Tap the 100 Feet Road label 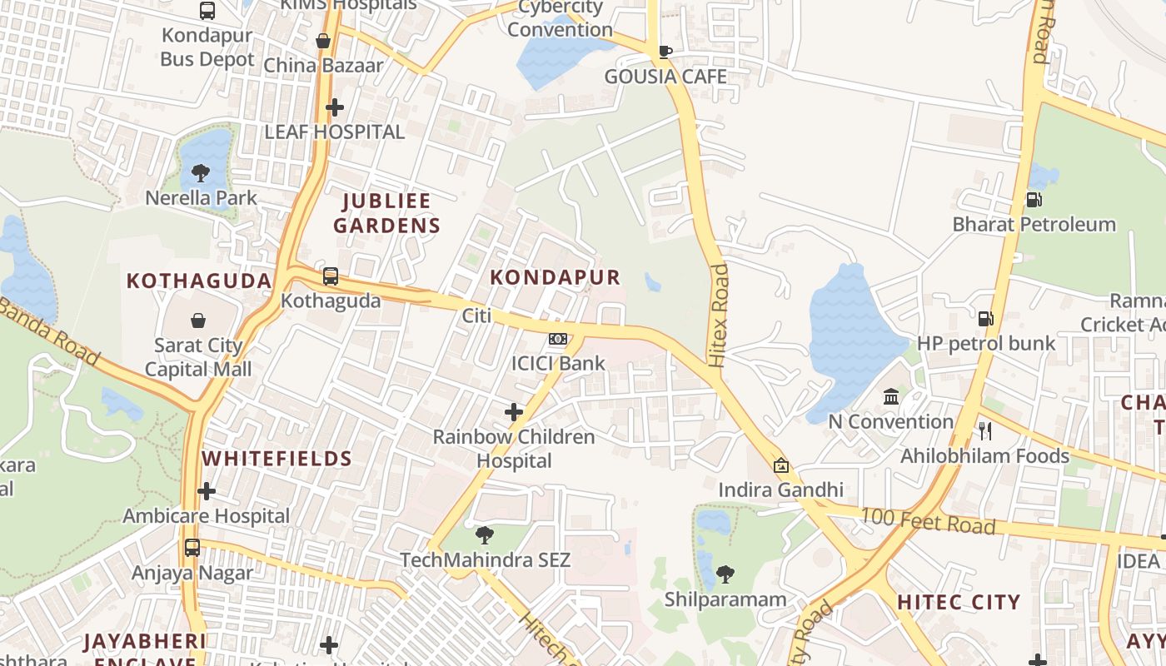click(x=927, y=521)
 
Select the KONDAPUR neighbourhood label click(x=556, y=277)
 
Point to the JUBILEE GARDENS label click(x=386, y=212)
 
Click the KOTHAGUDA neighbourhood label click(x=199, y=281)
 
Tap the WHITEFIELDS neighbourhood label click(x=277, y=459)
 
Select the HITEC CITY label click(x=959, y=602)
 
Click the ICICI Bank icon click(x=558, y=339)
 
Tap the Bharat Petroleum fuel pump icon click(x=1034, y=199)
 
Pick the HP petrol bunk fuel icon click(x=985, y=318)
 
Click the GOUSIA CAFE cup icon click(x=665, y=52)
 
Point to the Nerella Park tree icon click(x=200, y=173)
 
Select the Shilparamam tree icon click(x=725, y=574)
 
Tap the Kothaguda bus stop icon click(x=331, y=276)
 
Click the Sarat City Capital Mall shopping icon click(x=198, y=321)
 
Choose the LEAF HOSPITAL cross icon click(x=335, y=107)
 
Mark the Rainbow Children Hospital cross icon click(x=514, y=412)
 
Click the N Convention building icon click(x=891, y=396)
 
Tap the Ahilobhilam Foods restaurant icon click(x=984, y=430)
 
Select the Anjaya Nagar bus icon click(x=192, y=548)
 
